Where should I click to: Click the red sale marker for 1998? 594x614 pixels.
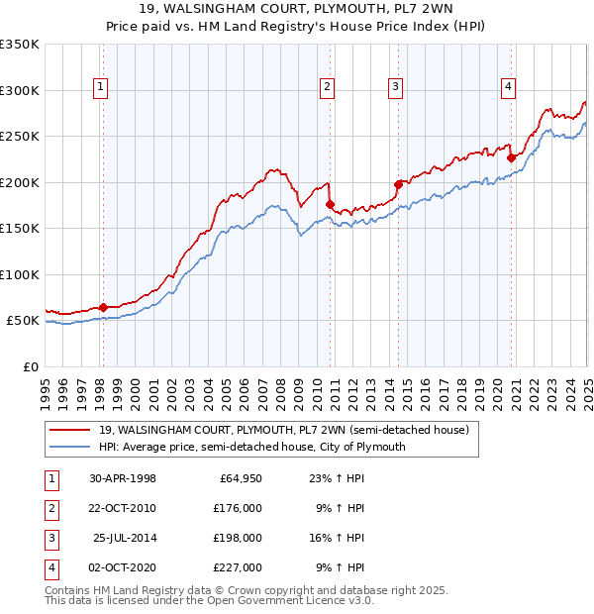point(103,307)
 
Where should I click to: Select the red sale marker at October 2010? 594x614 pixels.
point(330,204)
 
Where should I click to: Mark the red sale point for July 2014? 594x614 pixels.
point(398,184)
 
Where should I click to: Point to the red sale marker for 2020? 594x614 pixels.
point(511,157)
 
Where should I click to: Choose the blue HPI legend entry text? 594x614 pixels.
point(252,447)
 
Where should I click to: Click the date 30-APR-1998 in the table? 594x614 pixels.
point(122,478)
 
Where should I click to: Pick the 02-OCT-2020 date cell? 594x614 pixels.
point(122,567)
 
